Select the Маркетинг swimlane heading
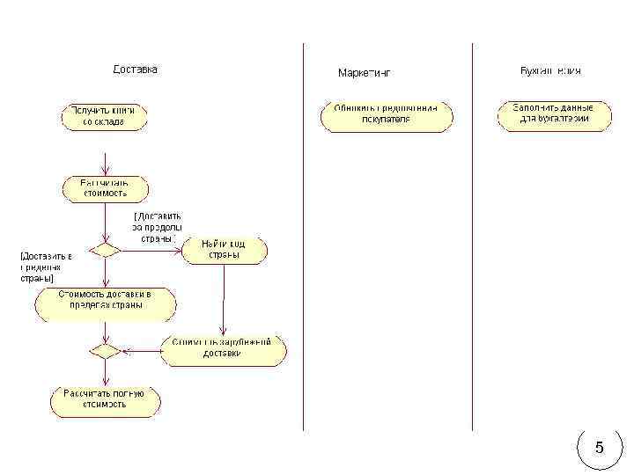364,73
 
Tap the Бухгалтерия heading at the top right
550,70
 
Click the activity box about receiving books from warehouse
104,117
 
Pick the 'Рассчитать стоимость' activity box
106,188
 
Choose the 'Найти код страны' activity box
224,250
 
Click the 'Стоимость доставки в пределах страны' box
106,304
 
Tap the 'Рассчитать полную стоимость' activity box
106,400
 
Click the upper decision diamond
106,250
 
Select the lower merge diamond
106,350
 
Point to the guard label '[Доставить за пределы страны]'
158,226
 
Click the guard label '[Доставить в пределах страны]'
44,267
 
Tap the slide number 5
600,448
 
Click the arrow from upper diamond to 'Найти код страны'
150,250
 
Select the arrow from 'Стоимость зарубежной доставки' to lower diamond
141,350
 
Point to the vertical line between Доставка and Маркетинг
303,237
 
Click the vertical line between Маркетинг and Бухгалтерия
472,237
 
